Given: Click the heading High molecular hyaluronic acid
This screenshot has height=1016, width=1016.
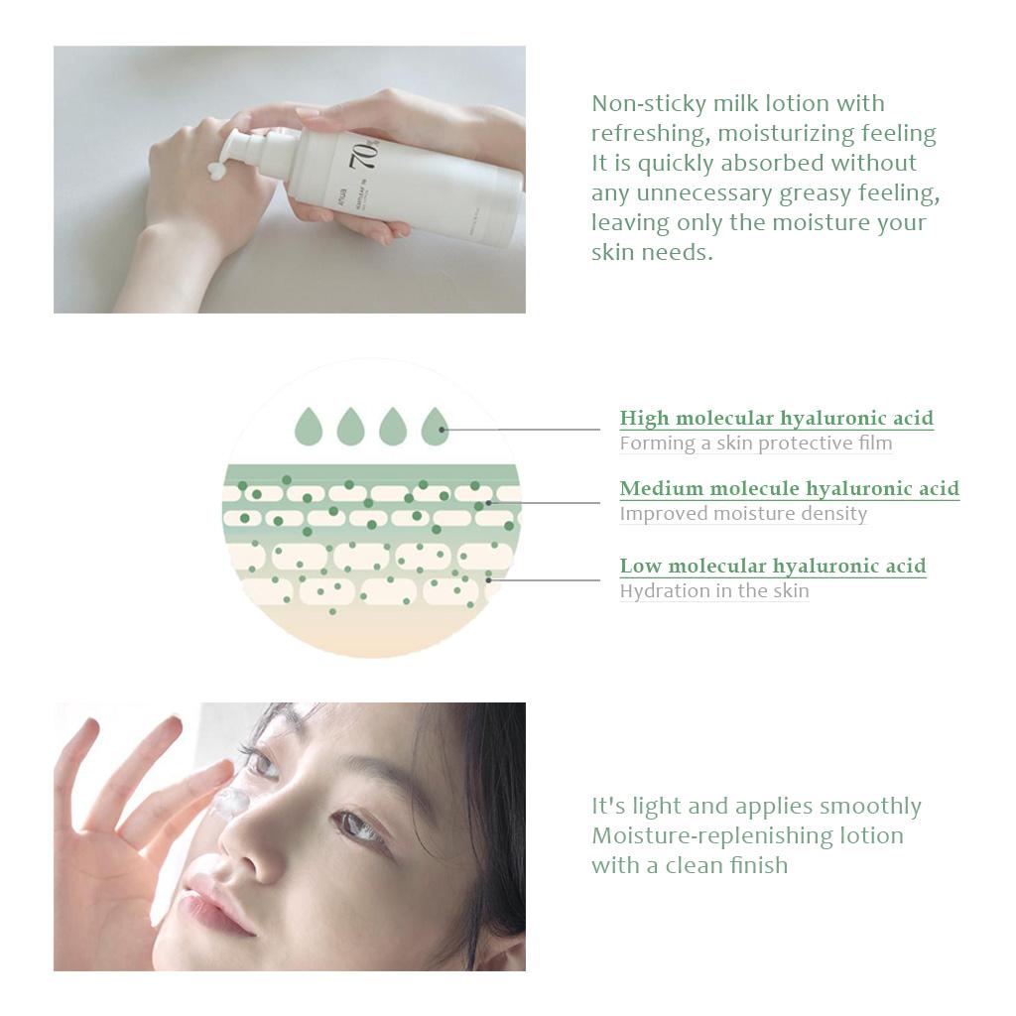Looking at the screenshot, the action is tap(776, 419).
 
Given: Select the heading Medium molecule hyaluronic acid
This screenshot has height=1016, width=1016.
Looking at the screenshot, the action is tap(789, 488).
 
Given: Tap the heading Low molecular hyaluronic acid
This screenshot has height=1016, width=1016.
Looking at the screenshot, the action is tap(773, 567).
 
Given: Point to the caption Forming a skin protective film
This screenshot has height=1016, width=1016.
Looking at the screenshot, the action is tap(755, 444).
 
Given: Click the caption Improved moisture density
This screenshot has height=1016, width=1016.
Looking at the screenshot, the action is tap(743, 514).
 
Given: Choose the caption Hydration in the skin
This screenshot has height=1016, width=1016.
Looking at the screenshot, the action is tap(714, 591).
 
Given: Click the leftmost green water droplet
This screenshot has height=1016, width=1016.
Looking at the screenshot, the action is tap(309, 427).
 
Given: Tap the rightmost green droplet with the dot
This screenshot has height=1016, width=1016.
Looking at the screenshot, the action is tap(435, 427).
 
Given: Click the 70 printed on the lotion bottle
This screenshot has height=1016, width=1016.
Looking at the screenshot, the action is tap(364, 154).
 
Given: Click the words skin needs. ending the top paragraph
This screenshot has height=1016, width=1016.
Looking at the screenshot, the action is tap(652, 252).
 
